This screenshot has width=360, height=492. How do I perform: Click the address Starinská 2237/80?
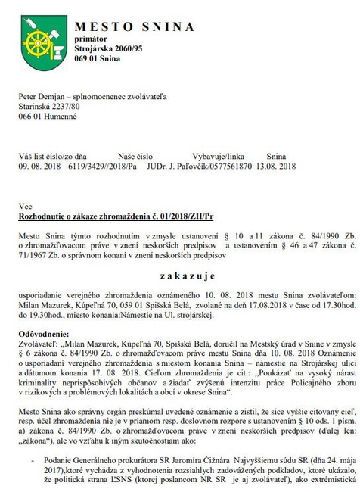49,107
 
